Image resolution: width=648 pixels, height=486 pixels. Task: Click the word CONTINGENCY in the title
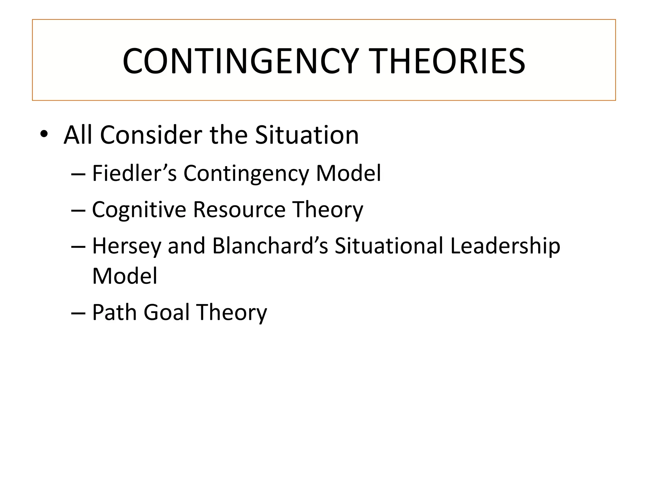coord(240,61)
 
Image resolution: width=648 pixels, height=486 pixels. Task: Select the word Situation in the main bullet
coord(307,135)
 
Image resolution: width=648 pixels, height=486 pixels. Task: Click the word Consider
coord(151,135)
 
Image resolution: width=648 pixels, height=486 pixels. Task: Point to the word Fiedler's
coord(134,173)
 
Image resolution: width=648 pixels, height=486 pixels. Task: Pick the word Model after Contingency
coord(348,173)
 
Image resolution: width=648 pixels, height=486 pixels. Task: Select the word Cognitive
coord(139,210)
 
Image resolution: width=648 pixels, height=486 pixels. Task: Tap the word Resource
coord(239,210)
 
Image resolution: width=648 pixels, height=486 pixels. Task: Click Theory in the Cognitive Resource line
coord(327,210)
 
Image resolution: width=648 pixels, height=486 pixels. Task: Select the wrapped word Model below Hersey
coord(125,276)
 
